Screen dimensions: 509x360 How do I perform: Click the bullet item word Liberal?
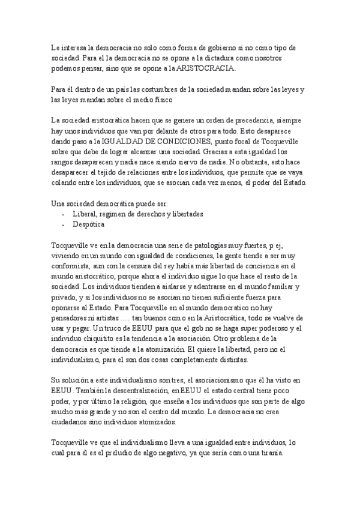point(85,214)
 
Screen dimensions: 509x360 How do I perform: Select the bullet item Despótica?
point(89,224)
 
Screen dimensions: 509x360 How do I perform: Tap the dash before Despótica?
point(64,224)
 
